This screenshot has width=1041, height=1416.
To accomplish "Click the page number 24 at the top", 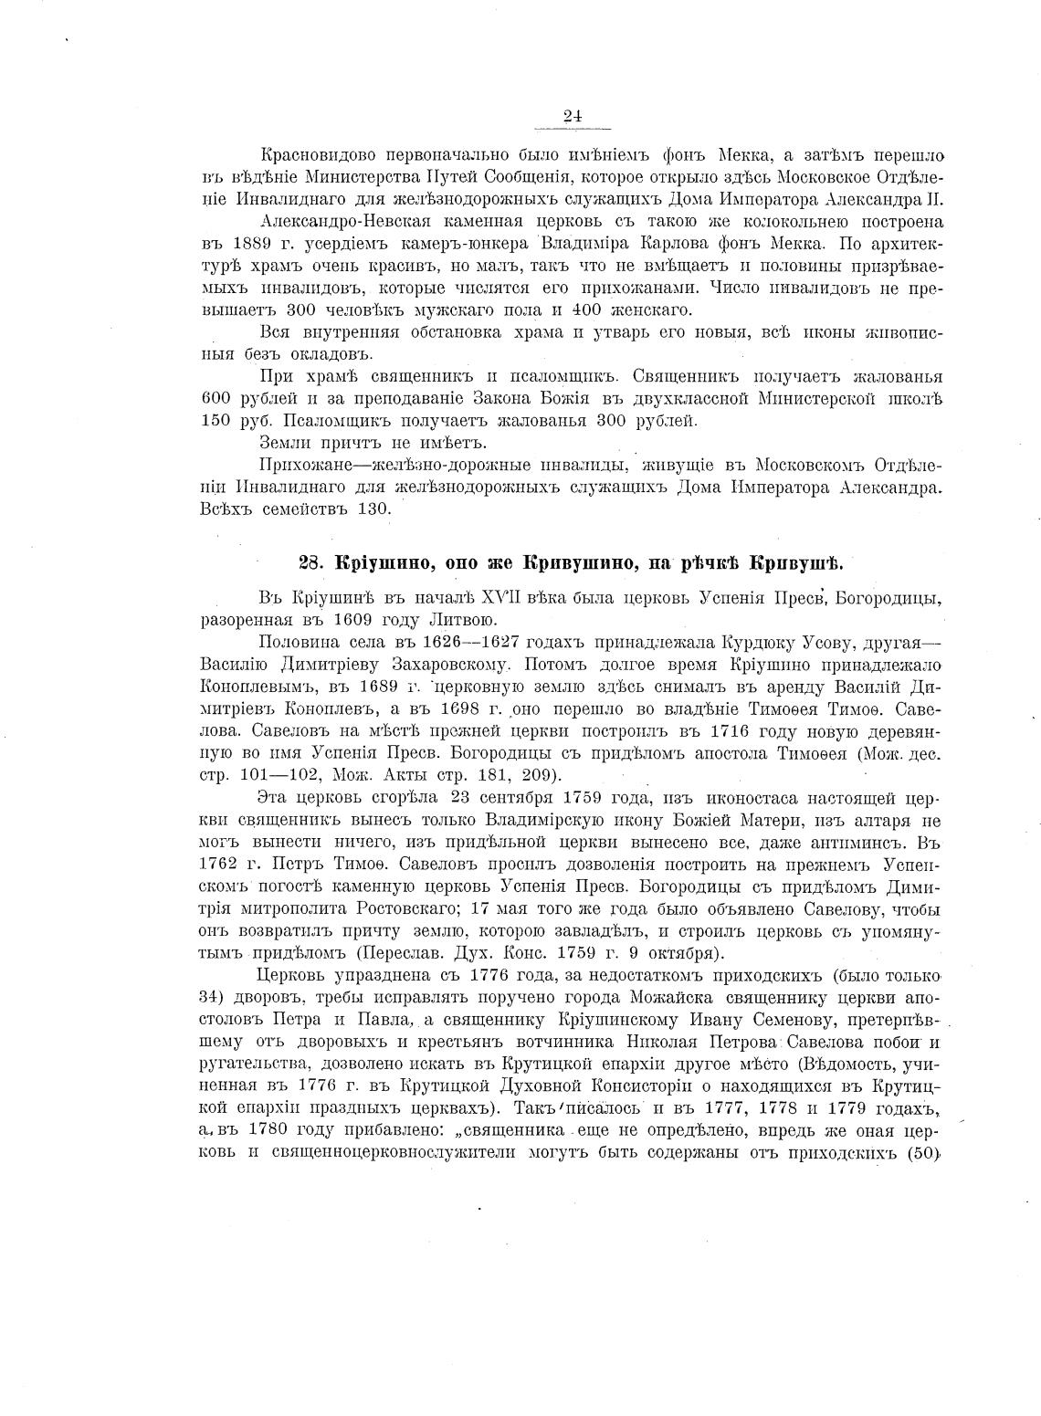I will click(573, 115).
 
